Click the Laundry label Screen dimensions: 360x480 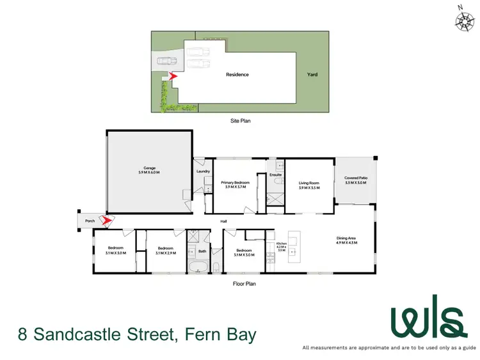pyautogui.click(x=203, y=171)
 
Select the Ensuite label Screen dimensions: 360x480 pyautogui.click(x=276, y=175)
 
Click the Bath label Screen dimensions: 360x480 pyautogui.click(x=202, y=251)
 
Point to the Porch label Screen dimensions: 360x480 pyautogui.click(x=88, y=222)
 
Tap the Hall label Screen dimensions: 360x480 pyautogui.click(x=224, y=222)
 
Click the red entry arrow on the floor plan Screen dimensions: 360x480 pyautogui.click(x=108, y=221)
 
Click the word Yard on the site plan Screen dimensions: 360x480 pyautogui.click(x=312, y=75)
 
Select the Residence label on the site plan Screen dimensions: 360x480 pyautogui.click(x=237, y=75)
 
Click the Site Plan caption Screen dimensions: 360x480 pyautogui.click(x=240, y=120)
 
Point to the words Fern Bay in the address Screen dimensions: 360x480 pyautogui.click(x=220, y=334)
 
